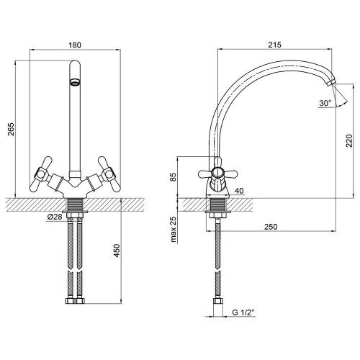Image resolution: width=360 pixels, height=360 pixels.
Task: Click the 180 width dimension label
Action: tap(75, 45)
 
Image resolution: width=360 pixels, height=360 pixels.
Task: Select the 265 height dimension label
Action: tap(12, 130)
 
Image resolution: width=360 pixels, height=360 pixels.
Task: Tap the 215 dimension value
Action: tap(274, 45)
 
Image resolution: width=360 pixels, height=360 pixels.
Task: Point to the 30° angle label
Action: tap(325, 103)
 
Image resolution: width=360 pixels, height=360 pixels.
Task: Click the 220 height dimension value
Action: tap(349, 141)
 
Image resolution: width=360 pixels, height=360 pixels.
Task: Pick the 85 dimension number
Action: tap(173, 177)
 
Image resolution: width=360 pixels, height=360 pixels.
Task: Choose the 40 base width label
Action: tap(239, 191)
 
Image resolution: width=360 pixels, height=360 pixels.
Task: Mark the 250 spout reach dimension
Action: tap(271, 227)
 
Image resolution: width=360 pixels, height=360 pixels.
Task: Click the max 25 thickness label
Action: tap(174, 229)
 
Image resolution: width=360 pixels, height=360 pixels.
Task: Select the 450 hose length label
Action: tap(117, 251)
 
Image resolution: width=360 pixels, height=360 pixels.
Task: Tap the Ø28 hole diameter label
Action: tap(55, 217)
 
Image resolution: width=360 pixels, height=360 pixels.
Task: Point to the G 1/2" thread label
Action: tap(243, 312)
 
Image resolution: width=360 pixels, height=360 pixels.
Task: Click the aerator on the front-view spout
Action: tap(75, 83)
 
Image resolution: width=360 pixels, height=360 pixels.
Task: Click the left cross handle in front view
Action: tap(41, 174)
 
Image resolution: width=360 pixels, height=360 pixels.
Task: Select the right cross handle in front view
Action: tap(109, 174)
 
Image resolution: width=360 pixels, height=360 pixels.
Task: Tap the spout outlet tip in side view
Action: tap(330, 83)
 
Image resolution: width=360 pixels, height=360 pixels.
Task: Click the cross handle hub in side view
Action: tap(217, 174)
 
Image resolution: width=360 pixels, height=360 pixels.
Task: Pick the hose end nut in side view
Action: tap(218, 302)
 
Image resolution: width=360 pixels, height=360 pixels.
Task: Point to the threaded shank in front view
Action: tap(75, 204)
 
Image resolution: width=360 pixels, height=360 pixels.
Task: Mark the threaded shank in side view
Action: tap(218, 204)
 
